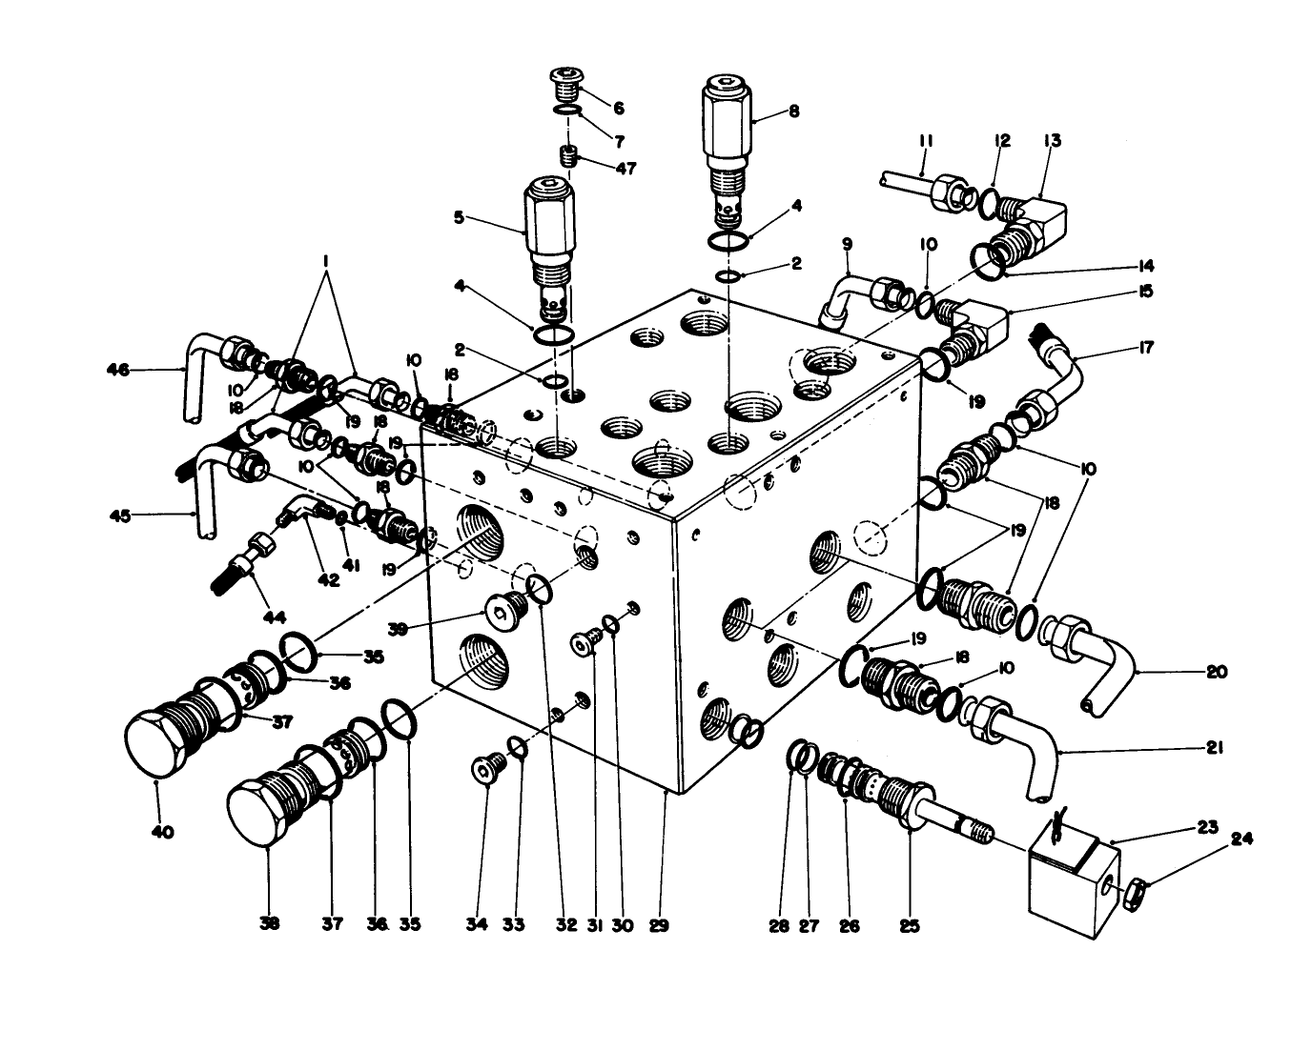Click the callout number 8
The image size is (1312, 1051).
(x=793, y=111)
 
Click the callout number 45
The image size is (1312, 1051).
(x=117, y=515)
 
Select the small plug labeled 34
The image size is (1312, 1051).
(x=485, y=768)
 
